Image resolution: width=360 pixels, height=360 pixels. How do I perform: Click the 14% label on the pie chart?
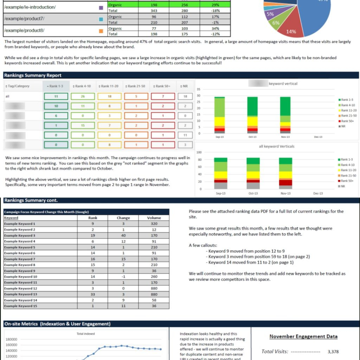pos(291,32)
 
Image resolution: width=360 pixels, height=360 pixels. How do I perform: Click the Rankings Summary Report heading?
pos(33,75)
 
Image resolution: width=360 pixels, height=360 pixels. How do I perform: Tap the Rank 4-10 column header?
pos(82,86)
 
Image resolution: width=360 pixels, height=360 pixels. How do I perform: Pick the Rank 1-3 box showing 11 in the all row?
pos(56,96)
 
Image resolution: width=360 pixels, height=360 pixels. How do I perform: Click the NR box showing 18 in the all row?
pos(185,96)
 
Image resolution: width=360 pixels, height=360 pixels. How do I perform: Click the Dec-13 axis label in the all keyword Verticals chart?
pos(318,193)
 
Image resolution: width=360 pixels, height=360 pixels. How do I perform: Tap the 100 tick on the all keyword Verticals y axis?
pos(199,153)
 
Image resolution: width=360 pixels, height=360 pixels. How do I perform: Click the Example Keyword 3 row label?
pos(20,236)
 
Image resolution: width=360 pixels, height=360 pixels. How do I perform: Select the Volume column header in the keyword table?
pos(154,218)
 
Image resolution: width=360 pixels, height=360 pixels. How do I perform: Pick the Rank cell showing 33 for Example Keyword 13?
pos(92,294)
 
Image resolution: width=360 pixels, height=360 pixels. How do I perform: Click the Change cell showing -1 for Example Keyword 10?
pos(123,276)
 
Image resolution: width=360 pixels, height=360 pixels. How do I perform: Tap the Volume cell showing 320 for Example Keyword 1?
pos(154,224)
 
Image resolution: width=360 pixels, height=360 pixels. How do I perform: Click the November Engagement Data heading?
pos(303,337)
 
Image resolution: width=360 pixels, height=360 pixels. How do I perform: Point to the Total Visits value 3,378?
pos(333,351)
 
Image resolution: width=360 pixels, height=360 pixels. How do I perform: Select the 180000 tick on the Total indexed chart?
pos(12,339)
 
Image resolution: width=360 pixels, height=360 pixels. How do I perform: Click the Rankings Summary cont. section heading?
pos(31,200)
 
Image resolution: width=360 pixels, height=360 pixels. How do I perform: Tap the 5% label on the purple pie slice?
pos(270,14)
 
